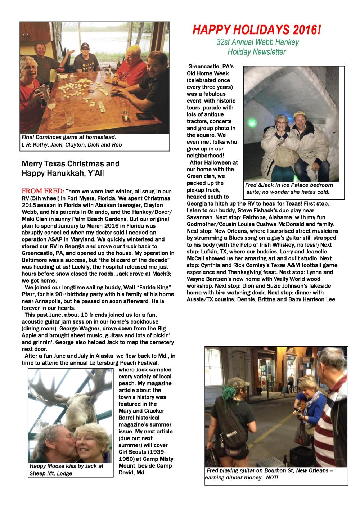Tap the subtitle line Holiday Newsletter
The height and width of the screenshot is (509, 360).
click(x=257, y=52)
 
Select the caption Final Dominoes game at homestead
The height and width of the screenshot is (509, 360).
click(x=69, y=137)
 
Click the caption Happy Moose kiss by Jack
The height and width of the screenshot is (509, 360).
click(x=67, y=466)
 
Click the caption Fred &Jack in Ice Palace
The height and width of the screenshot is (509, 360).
click(x=289, y=185)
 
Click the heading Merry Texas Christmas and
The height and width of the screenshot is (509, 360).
click(x=71, y=164)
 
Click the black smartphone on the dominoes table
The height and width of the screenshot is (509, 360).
click(x=145, y=117)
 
